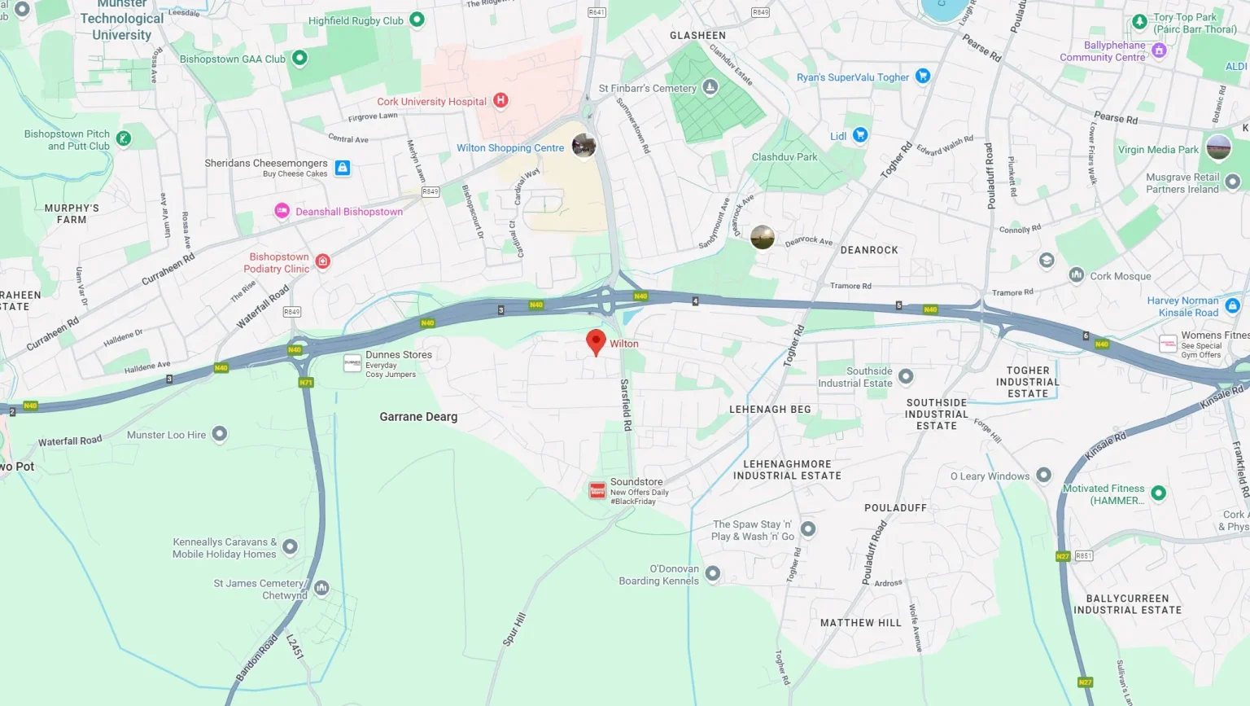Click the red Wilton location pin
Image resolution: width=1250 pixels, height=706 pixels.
click(596, 341)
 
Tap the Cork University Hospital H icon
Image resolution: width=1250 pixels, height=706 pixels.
click(500, 100)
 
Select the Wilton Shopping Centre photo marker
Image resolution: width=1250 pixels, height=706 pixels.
click(583, 146)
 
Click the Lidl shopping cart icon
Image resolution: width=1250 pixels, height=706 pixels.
click(860, 135)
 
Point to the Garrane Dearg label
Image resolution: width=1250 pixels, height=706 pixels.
click(418, 417)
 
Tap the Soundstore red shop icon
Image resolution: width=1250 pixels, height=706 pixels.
click(597, 490)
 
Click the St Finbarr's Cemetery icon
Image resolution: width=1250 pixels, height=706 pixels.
click(710, 87)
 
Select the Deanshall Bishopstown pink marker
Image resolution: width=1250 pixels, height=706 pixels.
click(282, 211)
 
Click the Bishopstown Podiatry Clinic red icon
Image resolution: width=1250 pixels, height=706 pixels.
click(323, 261)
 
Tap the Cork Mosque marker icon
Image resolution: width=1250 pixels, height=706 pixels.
click(1076, 275)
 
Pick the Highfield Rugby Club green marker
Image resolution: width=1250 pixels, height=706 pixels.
click(417, 19)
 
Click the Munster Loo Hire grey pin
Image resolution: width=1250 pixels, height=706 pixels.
click(220, 433)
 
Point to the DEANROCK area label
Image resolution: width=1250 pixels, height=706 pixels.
click(869, 250)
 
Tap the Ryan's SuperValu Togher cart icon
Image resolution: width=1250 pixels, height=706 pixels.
click(922, 76)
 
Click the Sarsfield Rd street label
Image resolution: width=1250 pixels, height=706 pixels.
click(626, 405)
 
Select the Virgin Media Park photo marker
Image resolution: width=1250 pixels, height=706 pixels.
click(1218, 148)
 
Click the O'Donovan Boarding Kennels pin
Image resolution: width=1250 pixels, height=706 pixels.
click(712, 573)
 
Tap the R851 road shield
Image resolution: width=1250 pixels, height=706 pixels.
click(1084, 556)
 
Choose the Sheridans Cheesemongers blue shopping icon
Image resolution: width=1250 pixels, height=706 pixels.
click(343, 168)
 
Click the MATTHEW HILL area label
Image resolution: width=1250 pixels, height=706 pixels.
click(861, 623)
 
